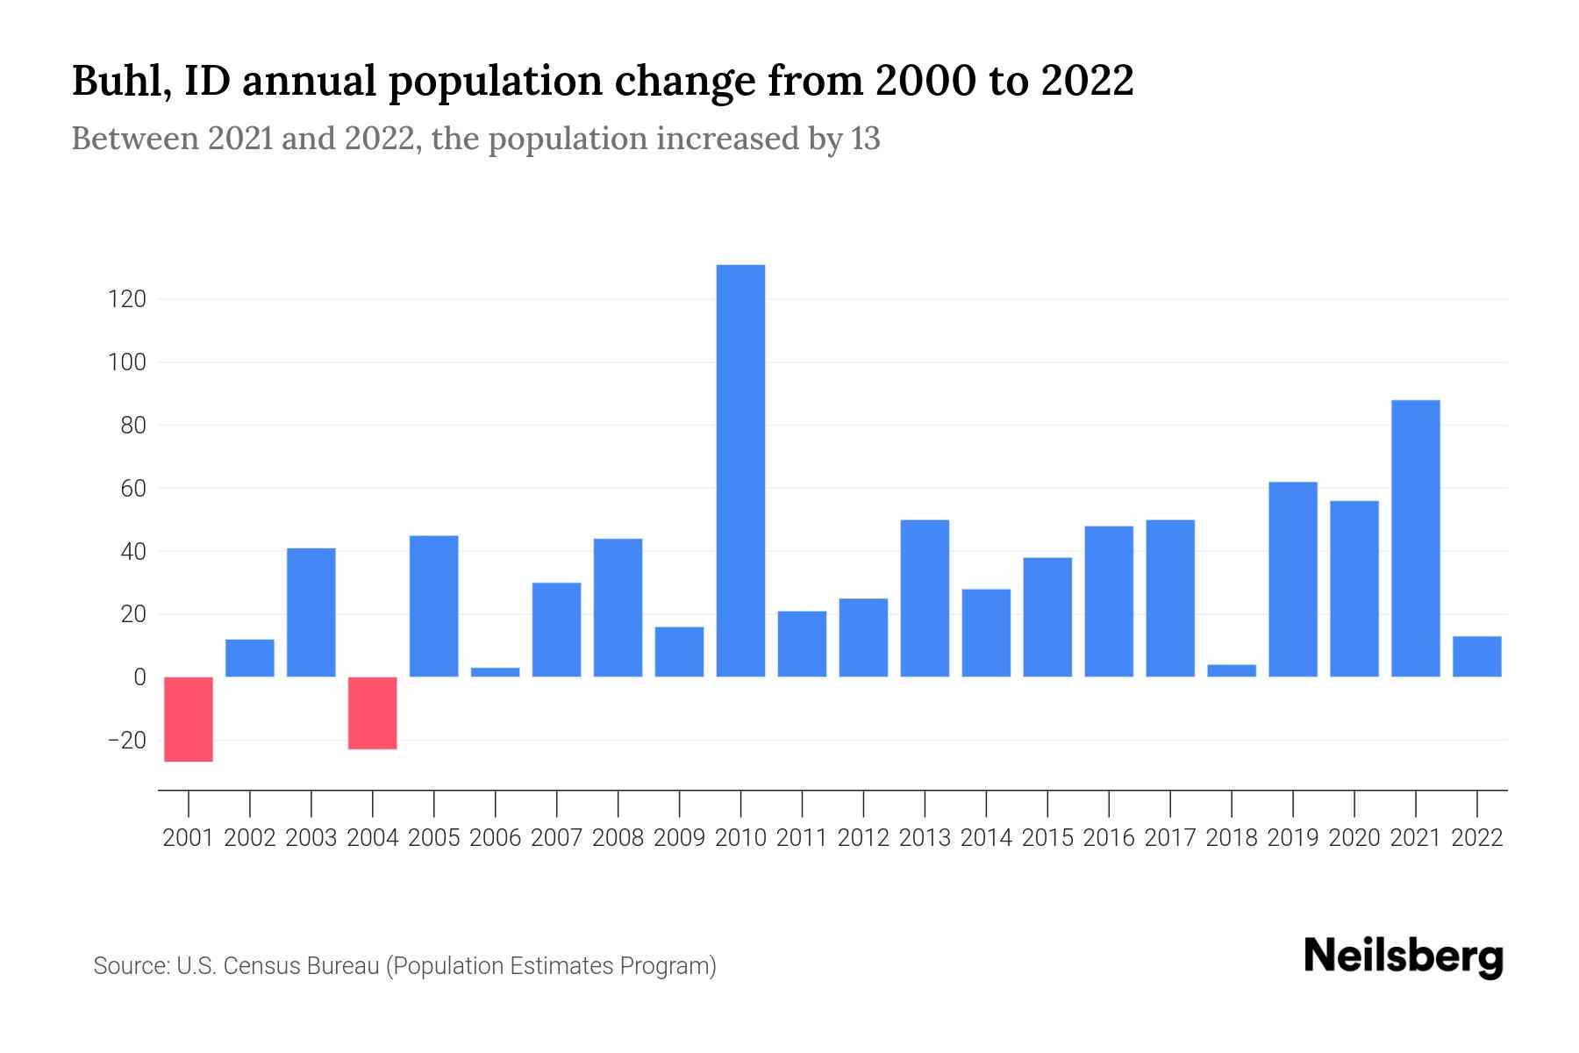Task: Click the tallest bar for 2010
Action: (x=740, y=470)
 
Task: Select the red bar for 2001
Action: (x=189, y=719)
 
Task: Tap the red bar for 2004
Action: (x=373, y=713)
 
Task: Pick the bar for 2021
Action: (x=1415, y=538)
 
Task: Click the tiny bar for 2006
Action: (x=496, y=672)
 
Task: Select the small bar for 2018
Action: (x=1232, y=671)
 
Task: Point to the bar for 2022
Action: (x=1476, y=656)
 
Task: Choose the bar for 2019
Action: (x=1293, y=579)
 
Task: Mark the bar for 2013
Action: (x=925, y=598)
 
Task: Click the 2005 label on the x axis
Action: (x=434, y=838)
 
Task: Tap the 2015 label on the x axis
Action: (x=1047, y=838)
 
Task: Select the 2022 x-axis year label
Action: (x=1476, y=838)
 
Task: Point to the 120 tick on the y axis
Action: (x=127, y=299)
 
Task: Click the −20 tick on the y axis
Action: (x=127, y=741)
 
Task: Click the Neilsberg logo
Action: (x=1404, y=957)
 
